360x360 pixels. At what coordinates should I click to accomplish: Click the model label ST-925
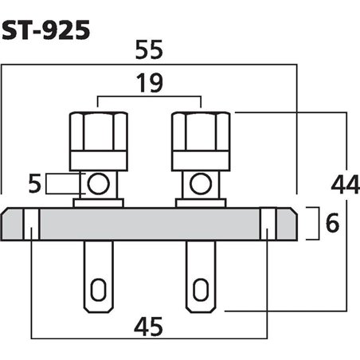pos(47,29)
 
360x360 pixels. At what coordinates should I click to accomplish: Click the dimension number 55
pos(149,49)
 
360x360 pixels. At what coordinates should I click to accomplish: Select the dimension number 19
pos(149,81)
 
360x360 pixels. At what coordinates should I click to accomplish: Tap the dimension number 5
pos(34,186)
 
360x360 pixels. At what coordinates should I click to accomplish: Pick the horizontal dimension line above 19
pos(149,99)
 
